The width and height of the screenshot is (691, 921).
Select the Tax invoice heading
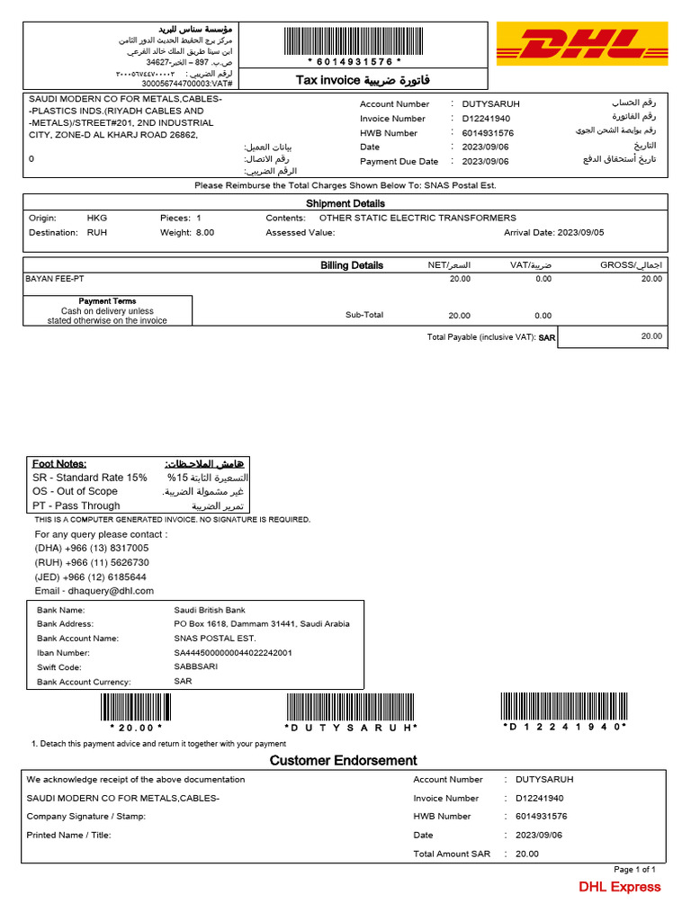(363, 81)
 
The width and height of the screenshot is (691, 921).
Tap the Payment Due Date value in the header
(485, 162)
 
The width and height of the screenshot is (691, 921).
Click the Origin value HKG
(96, 218)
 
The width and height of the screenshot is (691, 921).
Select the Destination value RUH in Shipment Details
(96, 232)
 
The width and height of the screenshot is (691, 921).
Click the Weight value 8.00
(205, 232)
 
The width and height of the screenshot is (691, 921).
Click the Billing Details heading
(352, 265)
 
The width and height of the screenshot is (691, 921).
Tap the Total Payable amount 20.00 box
(612, 335)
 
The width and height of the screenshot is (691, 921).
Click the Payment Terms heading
(107, 301)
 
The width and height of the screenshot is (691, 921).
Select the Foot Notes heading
(59, 463)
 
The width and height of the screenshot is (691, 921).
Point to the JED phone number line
(91, 577)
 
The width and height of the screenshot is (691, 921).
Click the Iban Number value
(233, 652)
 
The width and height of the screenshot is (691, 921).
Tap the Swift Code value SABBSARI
(195, 666)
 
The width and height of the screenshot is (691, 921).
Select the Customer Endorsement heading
(344, 761)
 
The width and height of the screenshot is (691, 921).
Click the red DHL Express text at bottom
(619, 887)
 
